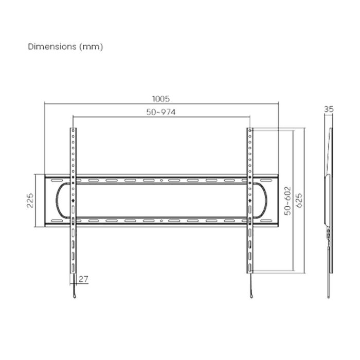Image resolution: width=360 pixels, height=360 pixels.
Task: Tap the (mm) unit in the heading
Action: [x=92, y=47]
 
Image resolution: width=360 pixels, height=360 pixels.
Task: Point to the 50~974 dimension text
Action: [x=161, y=112]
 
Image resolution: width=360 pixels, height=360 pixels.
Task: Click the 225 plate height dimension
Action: [x=30, y=201]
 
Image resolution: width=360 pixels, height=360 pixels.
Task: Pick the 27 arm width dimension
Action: [x=84, y=279]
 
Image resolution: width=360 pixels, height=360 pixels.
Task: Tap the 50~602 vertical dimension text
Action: [x=287, y=201]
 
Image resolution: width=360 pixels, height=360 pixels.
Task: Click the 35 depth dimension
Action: [x=329, y=109]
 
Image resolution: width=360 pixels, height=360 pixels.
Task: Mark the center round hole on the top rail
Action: [x=161, y=181]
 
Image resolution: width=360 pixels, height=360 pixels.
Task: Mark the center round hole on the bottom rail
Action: [x=161, y=221]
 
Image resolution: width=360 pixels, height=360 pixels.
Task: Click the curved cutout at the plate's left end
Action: [x=58, y=201]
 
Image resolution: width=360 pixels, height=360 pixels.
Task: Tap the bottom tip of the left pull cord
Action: [x=74, y=298]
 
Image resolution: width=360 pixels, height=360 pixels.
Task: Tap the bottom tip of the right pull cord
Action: [x=251, y=298]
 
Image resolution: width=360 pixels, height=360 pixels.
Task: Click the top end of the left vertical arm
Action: [x=73, y=129]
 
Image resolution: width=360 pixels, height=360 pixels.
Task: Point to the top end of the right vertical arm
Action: [x=249, y=129]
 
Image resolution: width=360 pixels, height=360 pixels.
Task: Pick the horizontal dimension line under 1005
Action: [x=161, y=104]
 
